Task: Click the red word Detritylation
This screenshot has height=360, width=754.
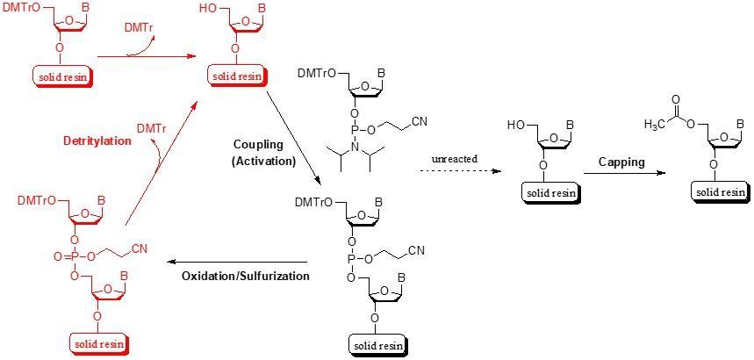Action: tap(97, 140)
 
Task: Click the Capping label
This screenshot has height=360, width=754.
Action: tap(621, 162)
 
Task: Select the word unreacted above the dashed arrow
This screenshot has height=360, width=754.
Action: tap(454, 158)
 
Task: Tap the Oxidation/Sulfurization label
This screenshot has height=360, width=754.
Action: tap(246, 276)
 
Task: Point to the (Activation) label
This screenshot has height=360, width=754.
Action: tap(263, 161)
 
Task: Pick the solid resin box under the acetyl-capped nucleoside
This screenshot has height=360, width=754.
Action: tap(720, 191)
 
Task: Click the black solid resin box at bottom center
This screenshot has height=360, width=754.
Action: tap(378, 346)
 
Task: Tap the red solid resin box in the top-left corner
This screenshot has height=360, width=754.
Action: tap(63, 77)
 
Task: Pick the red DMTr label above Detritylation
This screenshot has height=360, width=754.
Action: tap(153, 128)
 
